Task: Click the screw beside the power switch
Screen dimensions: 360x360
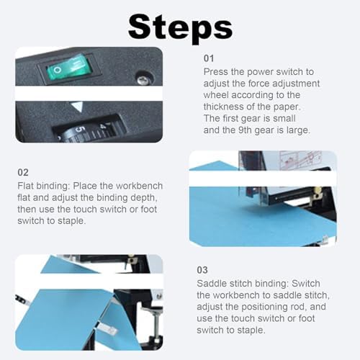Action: tap(142, 78)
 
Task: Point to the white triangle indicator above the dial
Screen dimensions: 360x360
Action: tap(77, 107)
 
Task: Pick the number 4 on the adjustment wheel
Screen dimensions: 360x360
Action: tap(103, 126)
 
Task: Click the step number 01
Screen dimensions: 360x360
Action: tap(209, 58)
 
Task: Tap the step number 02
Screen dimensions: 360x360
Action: tap(23, 172)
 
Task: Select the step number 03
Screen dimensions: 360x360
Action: tap(202, 270)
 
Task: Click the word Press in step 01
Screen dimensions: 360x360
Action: tap(215, 72)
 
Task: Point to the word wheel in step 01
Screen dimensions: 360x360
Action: tap(216, 95)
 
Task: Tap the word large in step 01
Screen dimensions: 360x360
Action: tap(298, 130)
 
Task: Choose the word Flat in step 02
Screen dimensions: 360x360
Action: tap(25, 186)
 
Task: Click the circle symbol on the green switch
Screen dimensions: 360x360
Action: tap(57, 70)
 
